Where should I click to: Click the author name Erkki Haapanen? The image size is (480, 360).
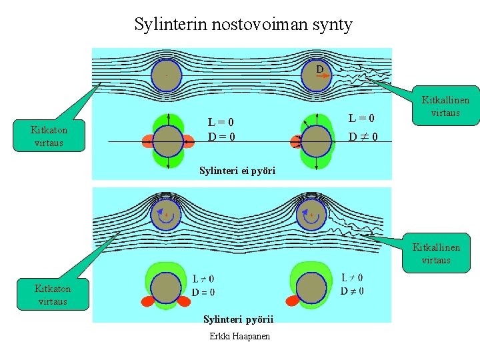pyautogui.click(x=240, y=336)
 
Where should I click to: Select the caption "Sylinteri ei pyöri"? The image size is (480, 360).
pyautogui.click(x=237, y=171)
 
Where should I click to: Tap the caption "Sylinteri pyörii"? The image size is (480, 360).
pyautogui.click(x=238, y=319)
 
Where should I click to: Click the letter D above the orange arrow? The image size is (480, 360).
pyautogui.click(x=320, y=69)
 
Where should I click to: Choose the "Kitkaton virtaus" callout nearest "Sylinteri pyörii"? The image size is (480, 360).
pyautogui.click(x=53, y=294)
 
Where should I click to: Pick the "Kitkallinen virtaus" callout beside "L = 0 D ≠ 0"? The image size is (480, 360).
pyautogui.click(x=445, y=106)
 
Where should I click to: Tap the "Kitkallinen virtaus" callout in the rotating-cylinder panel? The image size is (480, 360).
pyautogui.click(x=436, y=254)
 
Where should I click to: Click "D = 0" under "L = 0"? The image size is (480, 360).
pyautogui.click(x=221, y=137)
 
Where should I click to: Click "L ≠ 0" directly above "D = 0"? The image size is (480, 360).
pyautogui.click(x=203, y=279)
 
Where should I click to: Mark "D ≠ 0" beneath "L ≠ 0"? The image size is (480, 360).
pyautogui.click(x=352, y=291)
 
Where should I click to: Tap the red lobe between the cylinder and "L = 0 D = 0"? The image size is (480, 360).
pyautogui.click(x=189, y=141)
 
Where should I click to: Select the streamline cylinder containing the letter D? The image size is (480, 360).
pyautogui.click(x=316, y=75)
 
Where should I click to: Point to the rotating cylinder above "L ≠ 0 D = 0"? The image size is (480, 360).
pyautogui.click(x=166, y=214)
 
